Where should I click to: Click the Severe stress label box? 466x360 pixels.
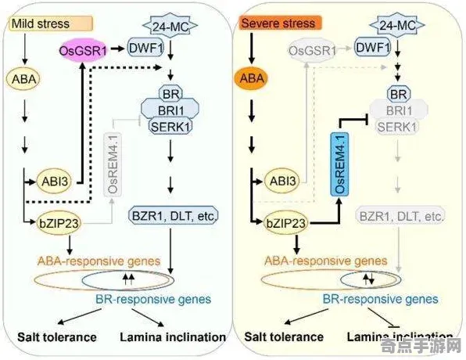[x=278, y=23]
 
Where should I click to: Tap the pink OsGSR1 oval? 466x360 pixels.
[x=83, y=51]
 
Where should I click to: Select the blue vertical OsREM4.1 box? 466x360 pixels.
[x=340, y=164]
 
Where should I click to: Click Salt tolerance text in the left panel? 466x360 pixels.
[x=57, y=337]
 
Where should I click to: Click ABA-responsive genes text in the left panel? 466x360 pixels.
[x=98, y=260]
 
